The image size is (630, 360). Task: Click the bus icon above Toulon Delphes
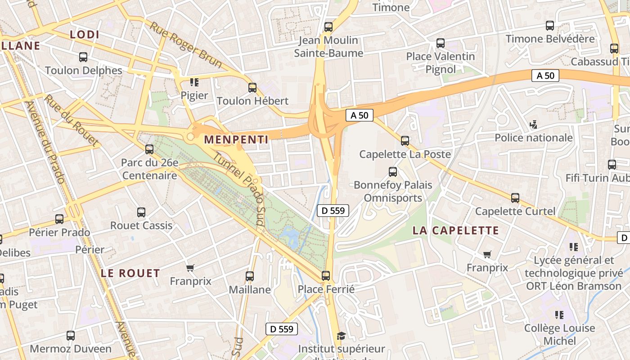(x=83, y=57)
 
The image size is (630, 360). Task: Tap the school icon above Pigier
(x=194, y=82)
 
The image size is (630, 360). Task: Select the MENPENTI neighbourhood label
(x=236, y=139)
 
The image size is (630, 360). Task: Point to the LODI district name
(x=85, y=34)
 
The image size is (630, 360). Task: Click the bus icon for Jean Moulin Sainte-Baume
(x=328, y=27)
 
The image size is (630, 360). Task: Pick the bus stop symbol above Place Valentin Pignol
(x=441, y=43)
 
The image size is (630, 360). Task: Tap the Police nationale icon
(x=534, y=124)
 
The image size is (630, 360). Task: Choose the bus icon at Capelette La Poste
(x=405, y=141)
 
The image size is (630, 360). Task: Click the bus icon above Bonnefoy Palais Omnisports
(x=392, y=171)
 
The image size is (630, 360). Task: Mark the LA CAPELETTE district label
(x=456, y=230)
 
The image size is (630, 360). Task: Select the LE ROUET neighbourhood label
(x=130, y=273)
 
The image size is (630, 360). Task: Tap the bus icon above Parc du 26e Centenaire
(x=149, y=149)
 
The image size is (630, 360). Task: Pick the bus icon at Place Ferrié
(x=326, y=275)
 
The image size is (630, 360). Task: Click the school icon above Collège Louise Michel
(x=559, y=315)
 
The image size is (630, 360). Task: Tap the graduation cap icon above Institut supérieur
(x=341, y=336)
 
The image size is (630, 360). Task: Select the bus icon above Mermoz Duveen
(x=71, y=335)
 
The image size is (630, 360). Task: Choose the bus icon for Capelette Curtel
(x=515, y=198)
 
